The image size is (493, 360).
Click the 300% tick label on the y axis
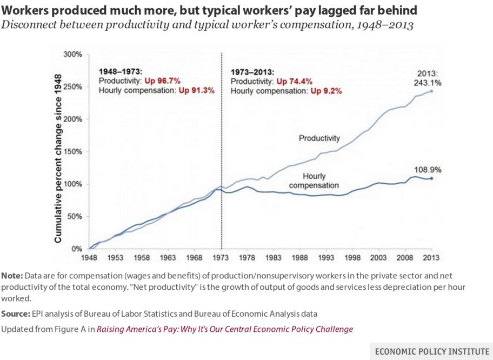(72, 55)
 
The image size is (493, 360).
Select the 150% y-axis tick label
(72, 152)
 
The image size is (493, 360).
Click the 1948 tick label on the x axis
(89, 258)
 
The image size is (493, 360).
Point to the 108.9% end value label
(428, 170)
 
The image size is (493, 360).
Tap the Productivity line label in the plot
(319, 139)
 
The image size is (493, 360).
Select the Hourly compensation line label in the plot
(314, 181)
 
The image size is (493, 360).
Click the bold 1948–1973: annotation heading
(121, 71)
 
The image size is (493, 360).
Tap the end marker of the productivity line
(431, 91)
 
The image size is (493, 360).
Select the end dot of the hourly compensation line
(431, 178)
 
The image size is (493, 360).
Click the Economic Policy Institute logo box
(431, 351)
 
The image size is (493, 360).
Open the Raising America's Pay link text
(225, 329)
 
